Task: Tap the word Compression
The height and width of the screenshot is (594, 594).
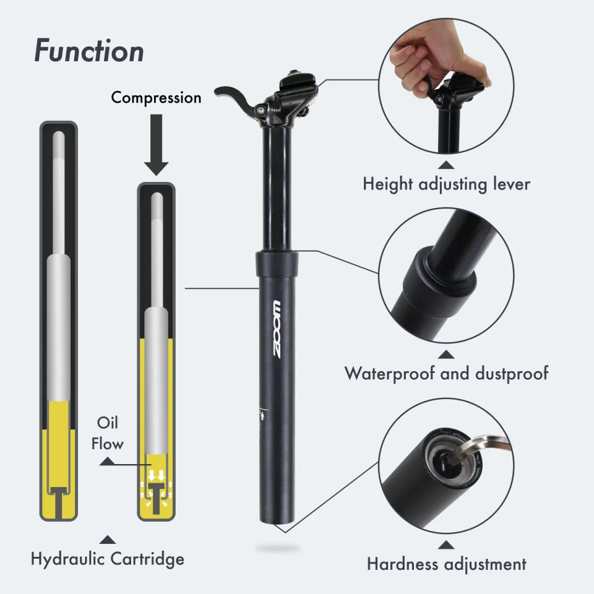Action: pos(156,98)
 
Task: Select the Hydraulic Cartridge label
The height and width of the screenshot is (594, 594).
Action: pos(108,559)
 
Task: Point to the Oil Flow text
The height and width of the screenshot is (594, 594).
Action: pos(108,433)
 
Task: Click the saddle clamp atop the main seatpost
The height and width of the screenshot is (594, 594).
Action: pos(296,87)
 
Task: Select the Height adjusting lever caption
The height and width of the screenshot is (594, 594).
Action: pos(446,184)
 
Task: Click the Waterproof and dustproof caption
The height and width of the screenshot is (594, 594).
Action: pos(446,373)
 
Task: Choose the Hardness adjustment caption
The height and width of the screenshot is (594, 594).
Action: pos(446,564)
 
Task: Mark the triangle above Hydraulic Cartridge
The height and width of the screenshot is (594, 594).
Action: pos(108,540)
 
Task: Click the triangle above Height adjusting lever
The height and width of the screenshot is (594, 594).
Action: pos(446,165)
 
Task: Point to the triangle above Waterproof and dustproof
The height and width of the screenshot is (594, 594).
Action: pos(446,355)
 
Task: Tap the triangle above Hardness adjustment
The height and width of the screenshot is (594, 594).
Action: pos(446,545)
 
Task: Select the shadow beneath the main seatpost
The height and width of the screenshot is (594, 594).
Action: pos(278,548)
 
